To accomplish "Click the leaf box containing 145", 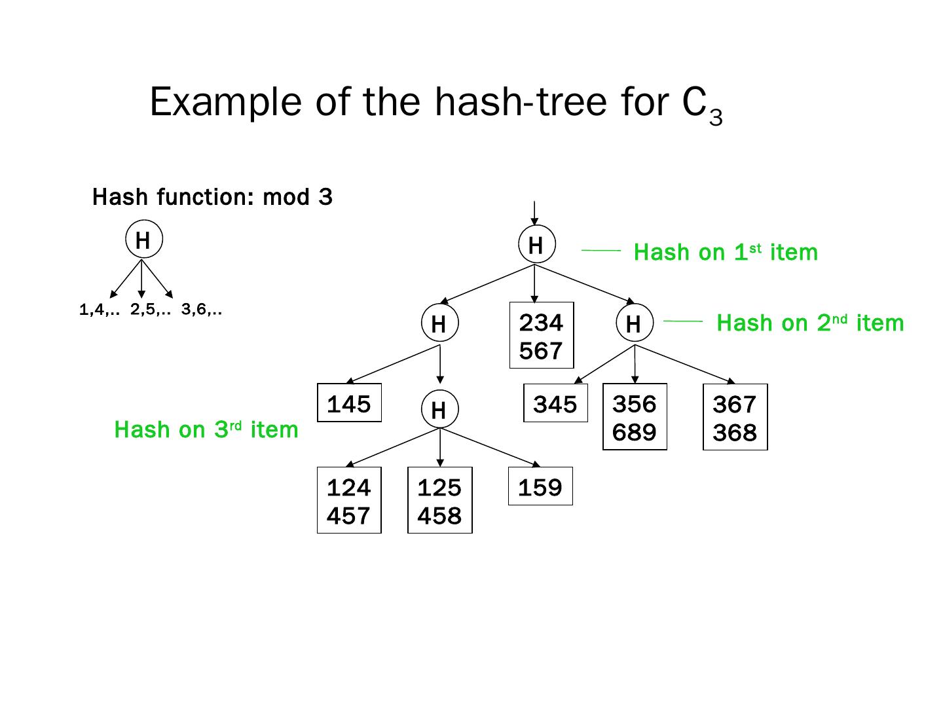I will click(x=349, y=403).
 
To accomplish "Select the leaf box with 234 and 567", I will click(x=541, y=336).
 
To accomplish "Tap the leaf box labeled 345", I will click(x=555, y=404).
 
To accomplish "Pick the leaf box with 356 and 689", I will click(x=634, y=418).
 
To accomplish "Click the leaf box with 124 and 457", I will click(x=348, y=501).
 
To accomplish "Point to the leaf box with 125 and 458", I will click(x=439, y=501).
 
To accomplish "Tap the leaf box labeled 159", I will click(x=540, y=487).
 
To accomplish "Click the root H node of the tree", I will click(x=536, y=245).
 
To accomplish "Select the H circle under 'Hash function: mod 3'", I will click(x=143, y=240).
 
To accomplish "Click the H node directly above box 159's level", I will click(x=439, y=410).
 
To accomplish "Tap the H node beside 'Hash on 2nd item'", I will click(x=633, y=323).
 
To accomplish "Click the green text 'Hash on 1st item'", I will click(x=726, y=252).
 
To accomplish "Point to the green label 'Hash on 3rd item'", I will click(x=206, y=429).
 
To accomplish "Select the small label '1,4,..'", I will click(x=99, y=310).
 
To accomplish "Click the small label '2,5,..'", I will click(x=150, y=310).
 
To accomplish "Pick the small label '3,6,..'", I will click(x=201, y=310).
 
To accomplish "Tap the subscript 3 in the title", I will click(x=716, y=118).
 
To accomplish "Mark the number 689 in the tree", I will click(x=634, y=432).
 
